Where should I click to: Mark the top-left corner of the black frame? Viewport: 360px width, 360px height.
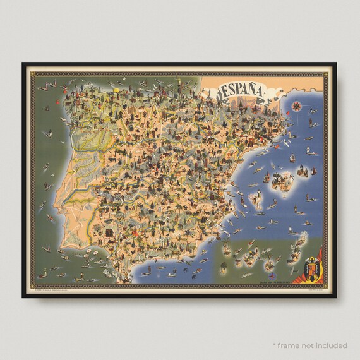click(x=22, y=63)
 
